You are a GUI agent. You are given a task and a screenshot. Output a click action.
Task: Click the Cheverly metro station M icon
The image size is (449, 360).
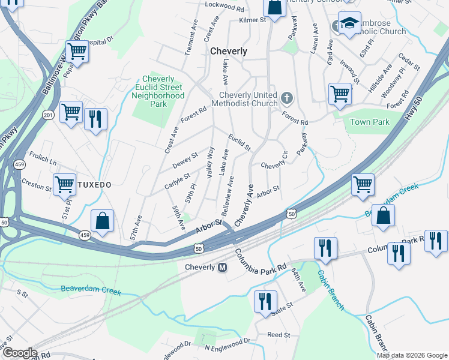coord(222,267)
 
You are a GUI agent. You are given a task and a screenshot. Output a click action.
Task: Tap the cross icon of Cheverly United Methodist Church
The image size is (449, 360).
coord(287,97)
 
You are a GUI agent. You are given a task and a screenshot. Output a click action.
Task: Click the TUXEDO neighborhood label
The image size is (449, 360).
coord(94,185)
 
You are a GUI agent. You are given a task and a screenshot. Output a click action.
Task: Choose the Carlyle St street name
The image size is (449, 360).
coord(177,182)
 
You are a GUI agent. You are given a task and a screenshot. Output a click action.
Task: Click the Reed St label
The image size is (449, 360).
coord(279,335)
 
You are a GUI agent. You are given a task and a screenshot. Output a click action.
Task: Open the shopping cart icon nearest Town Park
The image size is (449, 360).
coord(339,94)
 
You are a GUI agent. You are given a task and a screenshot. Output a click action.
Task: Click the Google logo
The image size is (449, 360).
coord(19,353)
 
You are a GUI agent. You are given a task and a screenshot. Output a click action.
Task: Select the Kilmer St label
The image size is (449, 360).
coord(252,20)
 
